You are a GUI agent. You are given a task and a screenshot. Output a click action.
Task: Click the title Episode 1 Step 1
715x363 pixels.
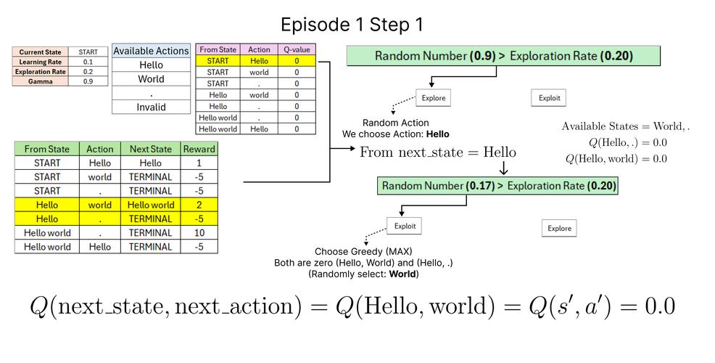(x=352, y=25)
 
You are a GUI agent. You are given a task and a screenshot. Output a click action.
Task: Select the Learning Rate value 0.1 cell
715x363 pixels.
(x=88, y=62)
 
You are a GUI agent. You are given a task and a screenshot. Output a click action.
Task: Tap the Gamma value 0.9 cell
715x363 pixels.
(x=88, y=81)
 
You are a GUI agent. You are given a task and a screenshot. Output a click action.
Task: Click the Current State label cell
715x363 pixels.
(x=40, y=52)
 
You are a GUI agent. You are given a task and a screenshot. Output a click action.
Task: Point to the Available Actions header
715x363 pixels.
(x=151, y=50)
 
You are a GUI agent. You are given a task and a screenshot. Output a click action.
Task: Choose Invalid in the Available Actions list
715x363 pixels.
(x=151, y=107)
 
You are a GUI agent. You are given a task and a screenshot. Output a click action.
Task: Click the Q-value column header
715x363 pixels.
(x=297, y=49)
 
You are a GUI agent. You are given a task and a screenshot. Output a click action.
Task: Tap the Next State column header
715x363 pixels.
(x=150, y=149)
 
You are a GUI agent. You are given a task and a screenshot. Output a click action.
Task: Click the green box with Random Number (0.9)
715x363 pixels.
(x=503, y=56)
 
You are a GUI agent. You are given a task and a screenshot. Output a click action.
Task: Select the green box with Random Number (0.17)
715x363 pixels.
(x=498, y=186)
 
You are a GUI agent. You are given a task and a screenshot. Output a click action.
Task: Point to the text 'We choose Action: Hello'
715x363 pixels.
(x=396, y=134)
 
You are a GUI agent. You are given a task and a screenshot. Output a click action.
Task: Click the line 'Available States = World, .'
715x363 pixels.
(x=625, y=126)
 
